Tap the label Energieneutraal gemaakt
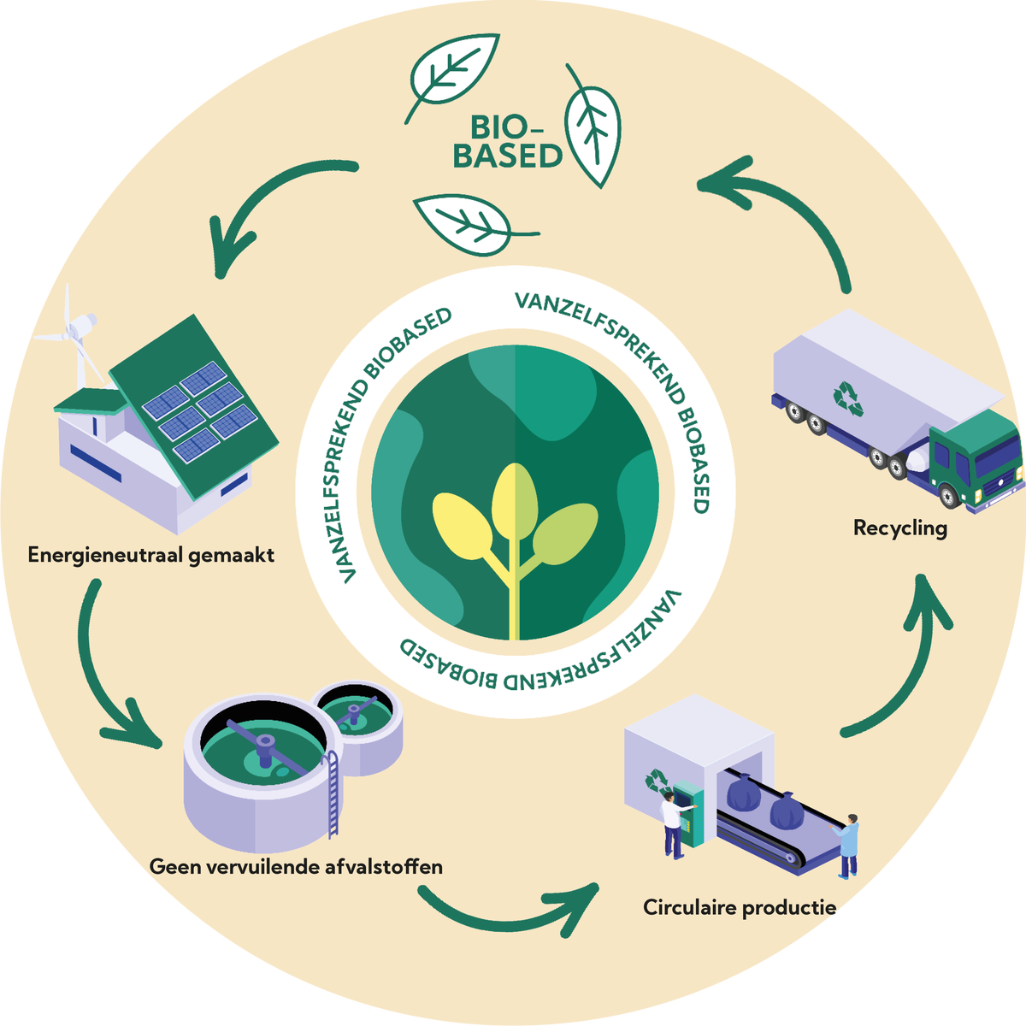click(x=151, y=555)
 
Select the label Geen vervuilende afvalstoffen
click(x=296, y=866)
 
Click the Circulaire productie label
click(x=739, y=907)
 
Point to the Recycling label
click(x=899, y=528)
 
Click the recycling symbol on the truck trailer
click(x=848, y=397)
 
